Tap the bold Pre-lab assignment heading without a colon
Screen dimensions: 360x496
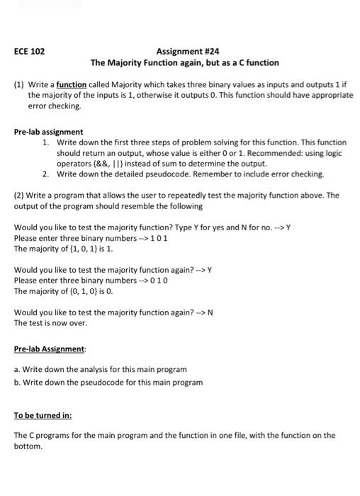pyautogui.click(x=49, y=133)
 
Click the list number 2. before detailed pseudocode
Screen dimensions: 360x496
pyautogui.click(x=46, y=174)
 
